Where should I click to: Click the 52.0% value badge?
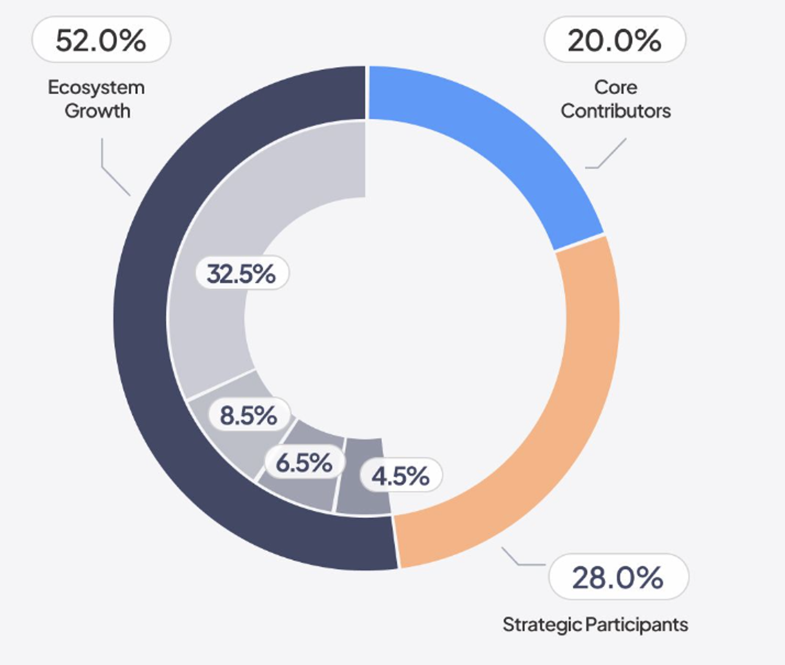101,40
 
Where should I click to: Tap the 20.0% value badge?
614,40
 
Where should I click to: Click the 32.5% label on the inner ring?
242,273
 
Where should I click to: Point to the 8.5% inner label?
249,415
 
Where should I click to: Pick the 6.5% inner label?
305,462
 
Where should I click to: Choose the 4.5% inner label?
401,476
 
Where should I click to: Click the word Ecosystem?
96,88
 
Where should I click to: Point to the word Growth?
97,111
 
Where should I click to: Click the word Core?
615,87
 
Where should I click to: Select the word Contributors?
615,111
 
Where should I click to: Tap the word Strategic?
542,625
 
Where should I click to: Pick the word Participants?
637,625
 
